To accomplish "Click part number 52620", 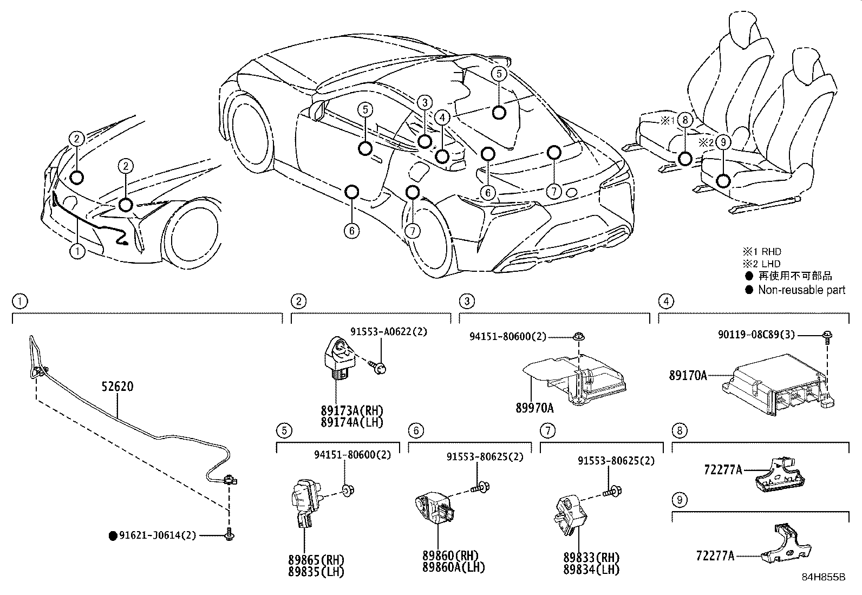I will pyautogui.click(x=117, y=387).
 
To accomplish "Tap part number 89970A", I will pyautogui.click(x=534, y=407).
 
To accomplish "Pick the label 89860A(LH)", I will pyautogui.click(x=454, y=567).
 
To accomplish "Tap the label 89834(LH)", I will pyautogui.click(x=591, y=569).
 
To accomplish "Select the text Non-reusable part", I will pyautogui.click(x=801, y=290).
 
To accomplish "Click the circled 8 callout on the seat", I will pyautogui.click(x=684, y=120).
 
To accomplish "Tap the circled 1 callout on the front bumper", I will pyautogui.click(x=77, y=251).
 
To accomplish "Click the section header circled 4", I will pyautogui.click(x=665, y=301).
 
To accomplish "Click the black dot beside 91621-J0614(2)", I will pyautogui.click(x=113, y=536).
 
